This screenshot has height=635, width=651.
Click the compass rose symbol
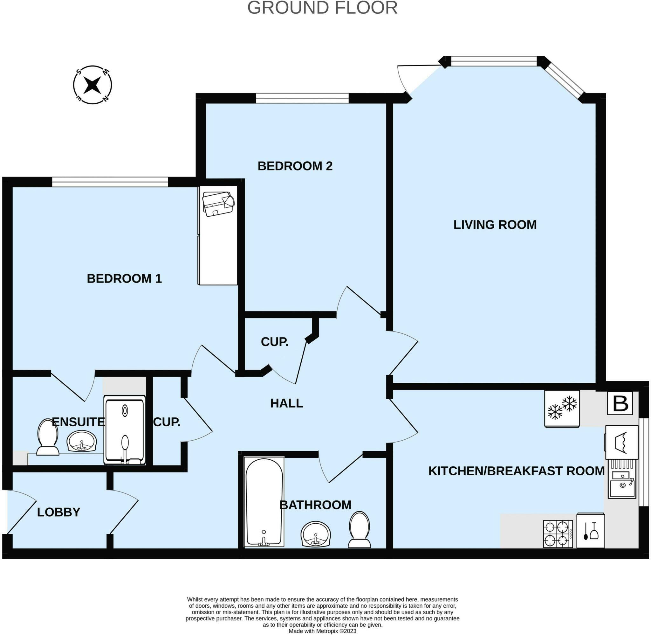click(x=92, y=85)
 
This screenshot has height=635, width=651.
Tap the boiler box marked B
click(x=620, y=403)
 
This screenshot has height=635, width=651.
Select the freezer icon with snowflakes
click(x=562, y=408)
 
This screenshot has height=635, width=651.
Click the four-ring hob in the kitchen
click(x=558, y=534)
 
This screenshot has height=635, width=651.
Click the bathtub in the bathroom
click(x=264, y=502)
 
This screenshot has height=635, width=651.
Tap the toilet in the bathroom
click(x=360, y=530)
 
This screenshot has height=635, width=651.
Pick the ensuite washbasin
click(x=82, y=441)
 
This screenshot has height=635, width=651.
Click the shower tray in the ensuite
click(x=125, y=430)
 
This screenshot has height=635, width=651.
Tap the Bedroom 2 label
click(x=295, y=166)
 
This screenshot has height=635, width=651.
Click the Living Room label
click(x=495, y=225)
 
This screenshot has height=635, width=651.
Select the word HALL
click(x=286, y=403)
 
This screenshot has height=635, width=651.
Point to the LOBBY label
click(x=58, y=512)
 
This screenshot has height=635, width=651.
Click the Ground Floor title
click(x=322, y=8)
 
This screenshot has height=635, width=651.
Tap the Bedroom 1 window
click(x=110, y=182)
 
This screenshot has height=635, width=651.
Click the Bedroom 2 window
click(x=302, y=98)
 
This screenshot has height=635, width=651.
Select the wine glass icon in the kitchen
click(x=594, y=531)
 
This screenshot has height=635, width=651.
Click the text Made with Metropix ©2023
click(x=322, y=631)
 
